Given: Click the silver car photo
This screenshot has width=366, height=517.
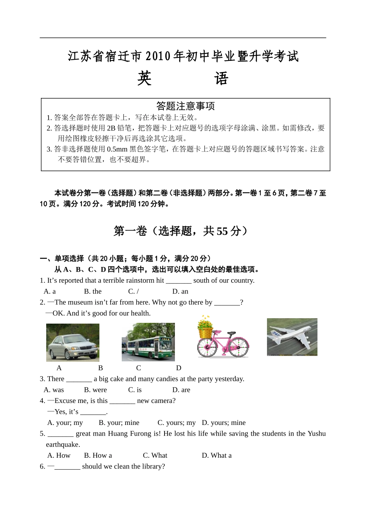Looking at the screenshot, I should (x=72, y=342).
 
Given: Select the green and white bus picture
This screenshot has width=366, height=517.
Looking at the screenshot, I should (x=148, y=342).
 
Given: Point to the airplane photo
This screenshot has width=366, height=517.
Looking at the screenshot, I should (x=292, y=337).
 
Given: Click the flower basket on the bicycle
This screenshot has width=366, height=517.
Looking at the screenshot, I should (x=205, y=328).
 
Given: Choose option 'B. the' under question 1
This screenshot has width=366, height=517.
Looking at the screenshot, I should (x=92, y=291).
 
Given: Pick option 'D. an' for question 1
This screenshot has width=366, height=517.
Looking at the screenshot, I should (x=180, y=291).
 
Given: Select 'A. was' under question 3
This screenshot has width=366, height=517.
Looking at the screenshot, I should (x=54, y=389).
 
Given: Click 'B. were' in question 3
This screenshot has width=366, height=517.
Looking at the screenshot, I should (x=95, y=389).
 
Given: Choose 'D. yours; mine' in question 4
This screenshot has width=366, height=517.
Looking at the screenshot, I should (x=223, y=423).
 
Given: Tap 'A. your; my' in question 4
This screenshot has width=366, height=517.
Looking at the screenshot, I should (x=65, y=423).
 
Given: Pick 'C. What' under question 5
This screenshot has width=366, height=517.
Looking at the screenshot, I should (x=155, y=455).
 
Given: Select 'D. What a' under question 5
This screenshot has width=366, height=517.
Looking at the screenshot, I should (x=217, y=455).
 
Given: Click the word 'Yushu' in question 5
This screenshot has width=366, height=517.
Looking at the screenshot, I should (x=316, y=433).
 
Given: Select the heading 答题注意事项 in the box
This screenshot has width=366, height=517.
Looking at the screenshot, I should (x=185, y=106).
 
